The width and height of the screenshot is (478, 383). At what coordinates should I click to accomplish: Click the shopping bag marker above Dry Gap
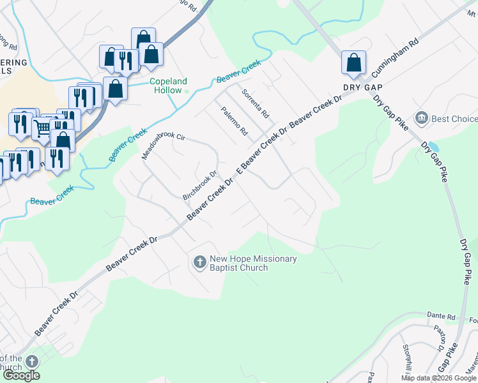353,63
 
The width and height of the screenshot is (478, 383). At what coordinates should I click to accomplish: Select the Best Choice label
454,119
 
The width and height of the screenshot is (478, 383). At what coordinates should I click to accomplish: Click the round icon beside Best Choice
422,118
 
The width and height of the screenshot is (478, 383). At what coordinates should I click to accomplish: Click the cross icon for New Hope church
199,262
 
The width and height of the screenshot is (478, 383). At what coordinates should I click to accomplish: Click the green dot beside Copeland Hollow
187,91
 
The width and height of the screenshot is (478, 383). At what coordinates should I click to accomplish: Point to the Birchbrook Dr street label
201,185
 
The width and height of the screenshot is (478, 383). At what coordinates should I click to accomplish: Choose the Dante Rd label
442,316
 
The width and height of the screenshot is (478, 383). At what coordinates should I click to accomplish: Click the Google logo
21,375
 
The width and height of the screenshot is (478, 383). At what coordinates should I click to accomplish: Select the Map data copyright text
438,378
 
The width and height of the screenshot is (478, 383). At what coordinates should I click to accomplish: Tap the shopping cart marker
42,128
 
